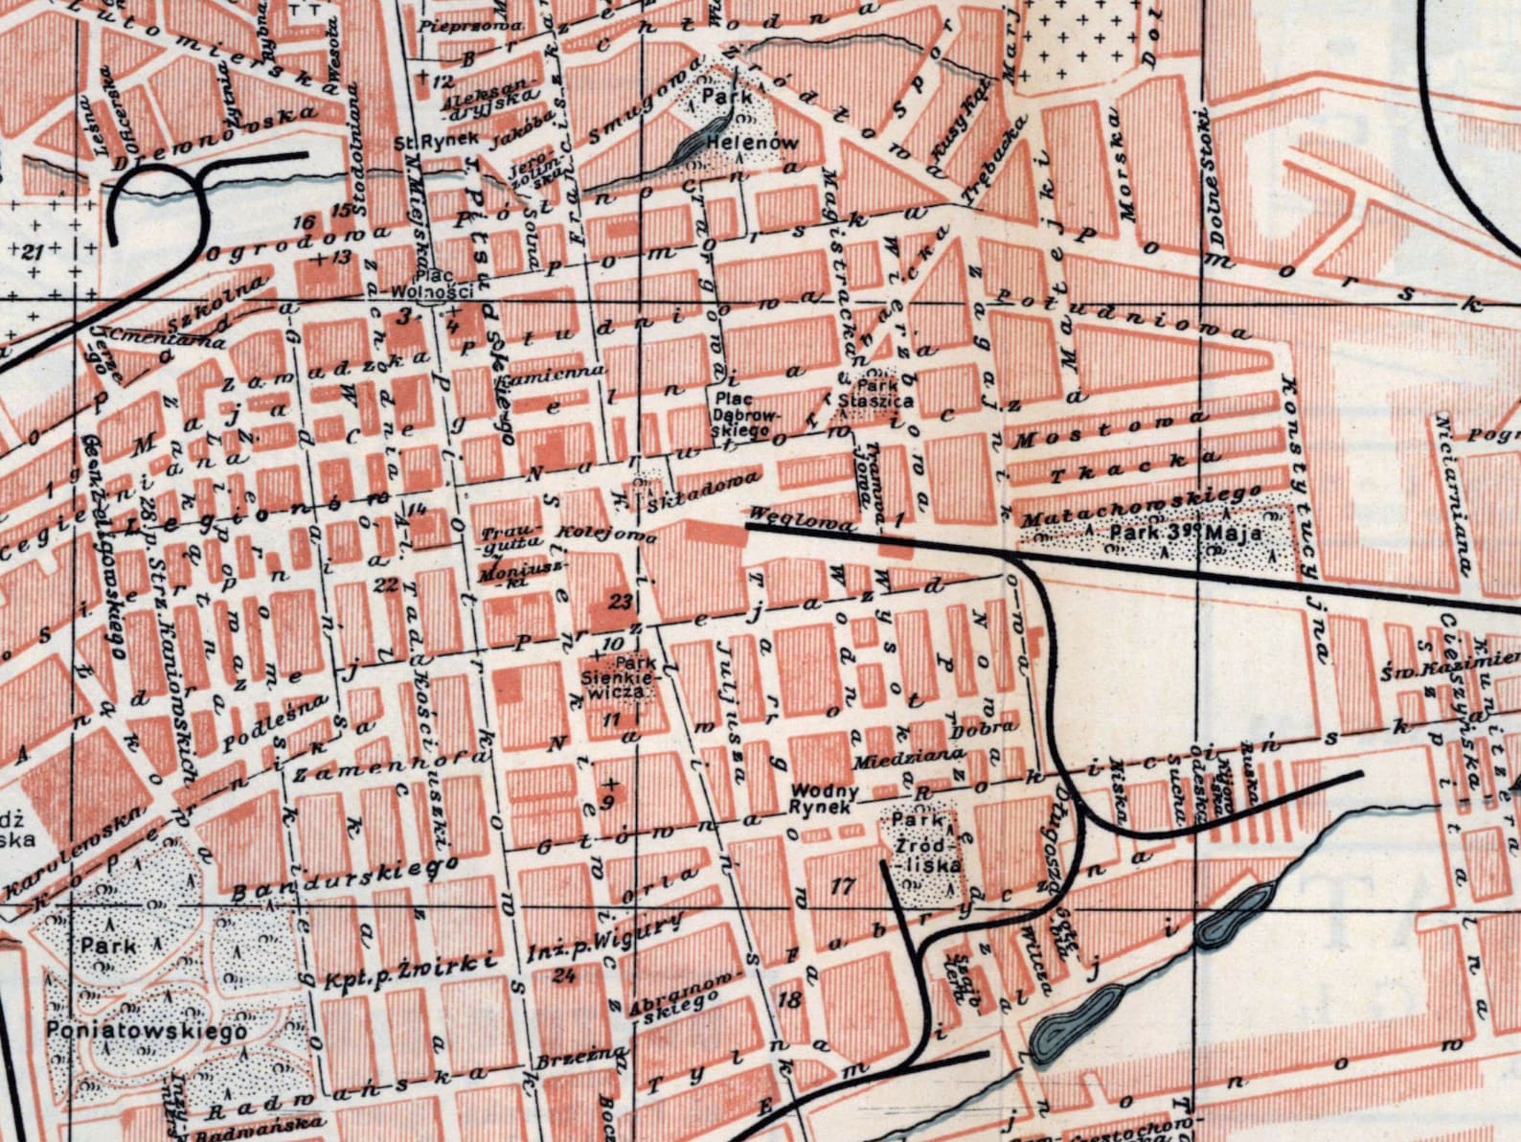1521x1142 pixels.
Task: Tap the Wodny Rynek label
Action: [x=824, y=799]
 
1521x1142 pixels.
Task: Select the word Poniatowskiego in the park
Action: [x=145, y=1031]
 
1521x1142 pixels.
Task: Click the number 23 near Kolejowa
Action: [x=621, y=602]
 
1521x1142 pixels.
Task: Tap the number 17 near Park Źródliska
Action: [x=842, y=886]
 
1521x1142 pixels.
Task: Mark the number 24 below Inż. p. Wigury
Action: [x=564, y=975]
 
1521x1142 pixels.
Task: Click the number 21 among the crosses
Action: [x=34, y=251]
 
